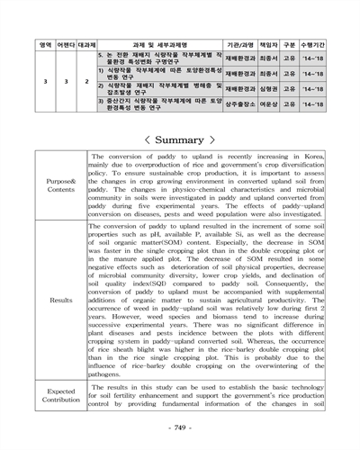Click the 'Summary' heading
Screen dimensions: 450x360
coord(180,140)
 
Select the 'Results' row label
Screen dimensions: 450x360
coord(61,300)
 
